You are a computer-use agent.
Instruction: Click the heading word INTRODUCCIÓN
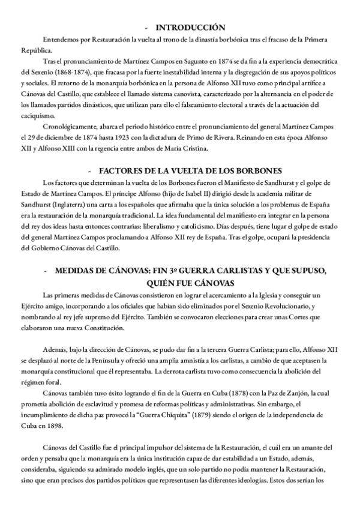point(190,28)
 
